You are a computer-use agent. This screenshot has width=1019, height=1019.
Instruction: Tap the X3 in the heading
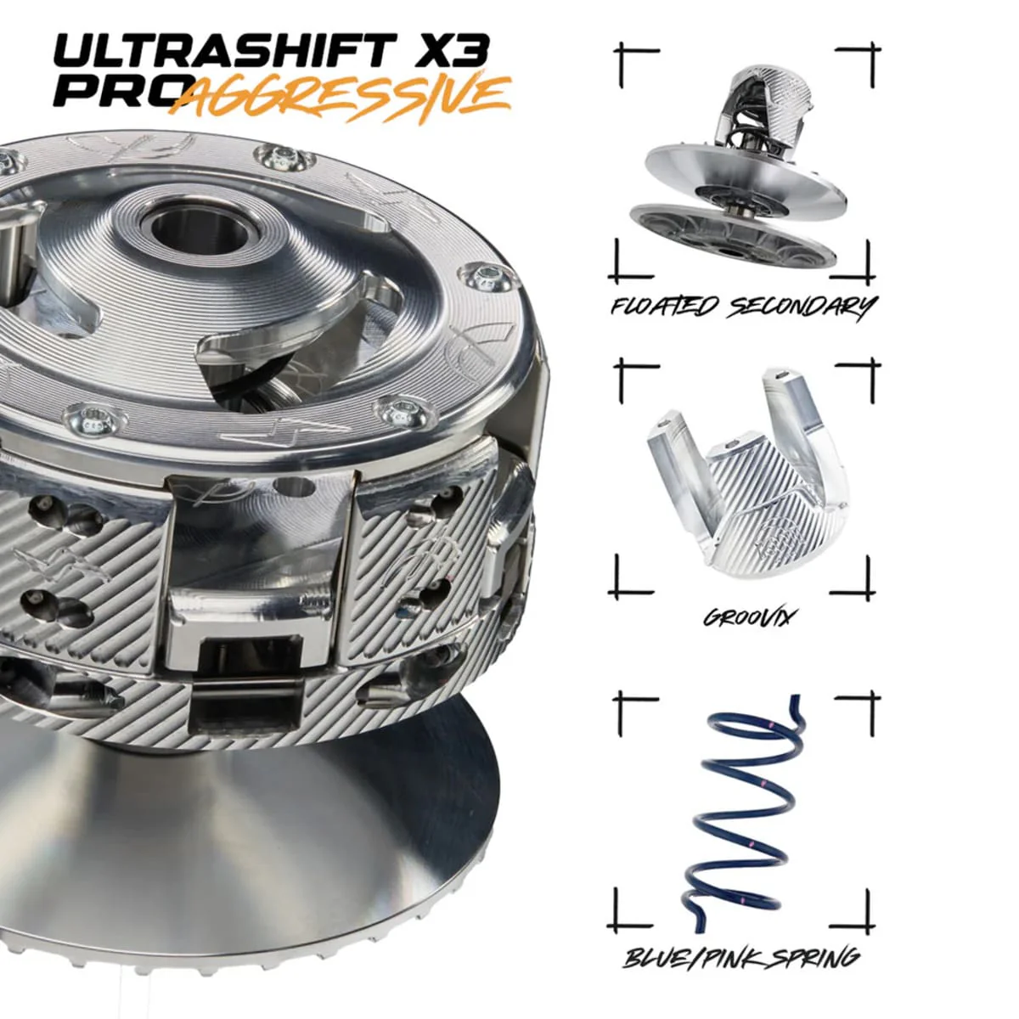coord(449,52)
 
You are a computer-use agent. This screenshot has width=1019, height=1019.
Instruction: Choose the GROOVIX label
coord(747,617)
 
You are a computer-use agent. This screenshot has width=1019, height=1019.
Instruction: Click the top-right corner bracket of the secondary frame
coord(859,66)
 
